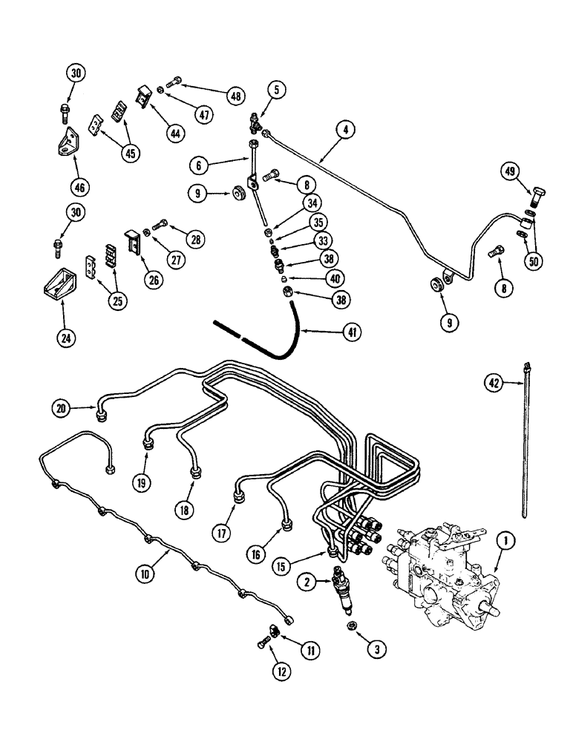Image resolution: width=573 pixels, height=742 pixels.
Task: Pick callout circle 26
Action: [x=154, y=283]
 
